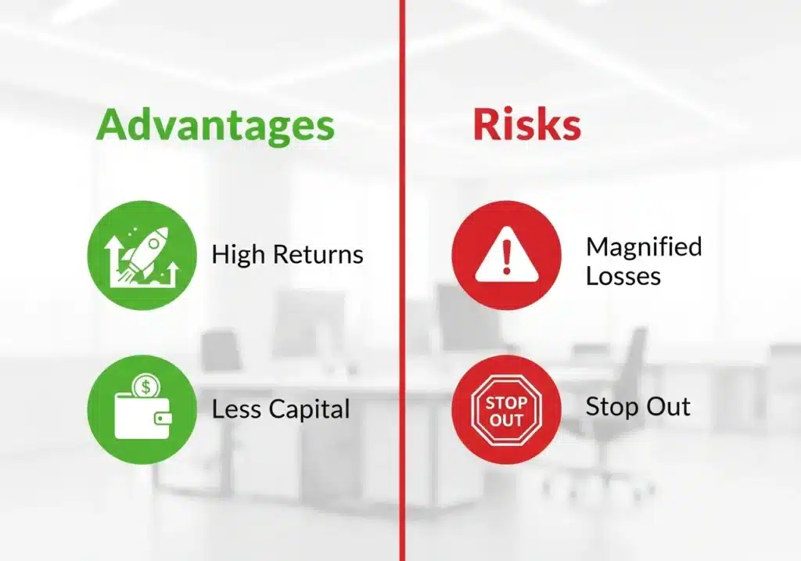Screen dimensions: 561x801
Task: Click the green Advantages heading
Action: (x=215, y=126)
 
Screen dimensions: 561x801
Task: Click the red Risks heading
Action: (x=526, y=126)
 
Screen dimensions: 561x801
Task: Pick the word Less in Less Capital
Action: (x=237, y=408)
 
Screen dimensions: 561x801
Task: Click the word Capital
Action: (x=310, y=408)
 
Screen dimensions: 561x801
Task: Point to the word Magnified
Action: (x=643, y=247)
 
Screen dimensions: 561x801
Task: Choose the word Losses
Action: (x=623, y=275)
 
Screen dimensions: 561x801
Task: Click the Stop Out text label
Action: (x=638, y=407)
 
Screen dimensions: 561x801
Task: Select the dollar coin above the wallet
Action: (x=142, y=386)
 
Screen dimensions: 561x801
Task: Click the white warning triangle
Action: (x=506, y=256)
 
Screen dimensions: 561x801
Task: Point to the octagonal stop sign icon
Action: (x=506, y=409)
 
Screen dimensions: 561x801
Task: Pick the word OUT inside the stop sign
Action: (x=506, y=419)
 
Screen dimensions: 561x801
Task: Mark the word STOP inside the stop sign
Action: (x=506, y=403)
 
